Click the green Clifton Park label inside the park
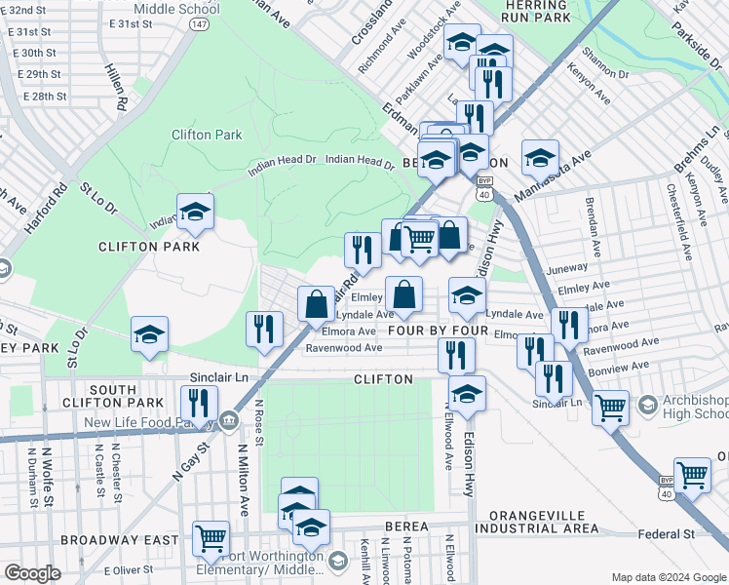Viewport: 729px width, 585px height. (207, 135)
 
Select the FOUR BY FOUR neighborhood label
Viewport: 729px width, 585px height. (438, 331)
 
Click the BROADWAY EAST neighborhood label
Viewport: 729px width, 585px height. (119, 539)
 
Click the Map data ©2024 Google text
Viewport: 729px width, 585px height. (668, 577)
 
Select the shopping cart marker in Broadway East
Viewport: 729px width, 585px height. (211, 537)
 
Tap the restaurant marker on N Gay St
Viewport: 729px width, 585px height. (198, 404)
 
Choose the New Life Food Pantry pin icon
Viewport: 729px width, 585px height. (228, 421)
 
